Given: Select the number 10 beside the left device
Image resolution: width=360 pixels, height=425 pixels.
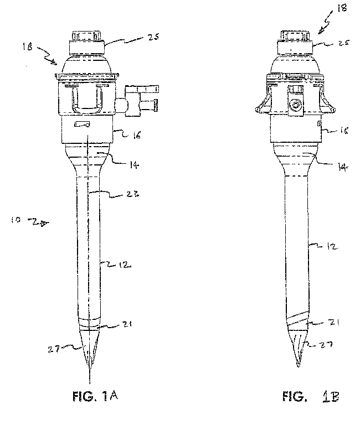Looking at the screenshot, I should [x=17, y=220].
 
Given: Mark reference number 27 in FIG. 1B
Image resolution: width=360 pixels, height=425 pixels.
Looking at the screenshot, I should [x=328, y=345].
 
